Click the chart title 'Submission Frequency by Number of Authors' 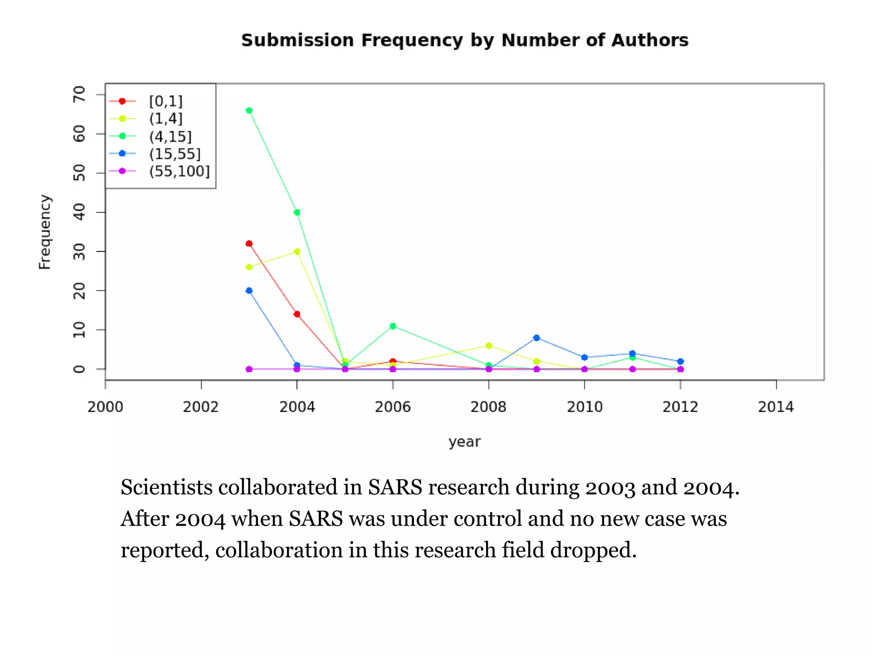[x=465, y=41]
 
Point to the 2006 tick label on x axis [x=393, y=407]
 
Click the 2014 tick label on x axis [x=776, y=407]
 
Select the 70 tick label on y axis [x=80, y=94]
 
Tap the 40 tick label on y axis [x=80, y=212]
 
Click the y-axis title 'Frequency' [x=45, y=232]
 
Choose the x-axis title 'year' [x=464, y=442]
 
